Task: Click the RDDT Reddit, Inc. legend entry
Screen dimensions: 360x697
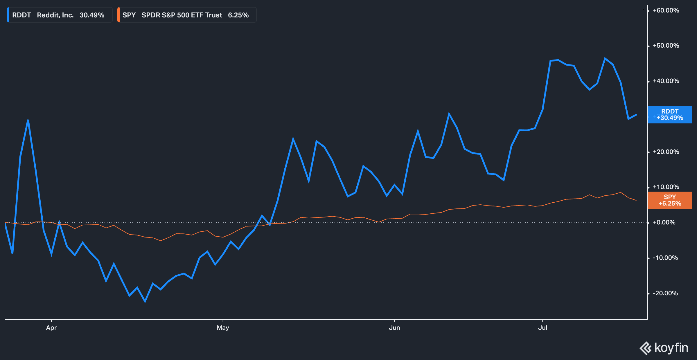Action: coord(58,15)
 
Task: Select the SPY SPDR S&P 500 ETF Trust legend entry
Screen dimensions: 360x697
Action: coord(186,15)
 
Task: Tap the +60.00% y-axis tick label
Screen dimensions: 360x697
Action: coord(666,10)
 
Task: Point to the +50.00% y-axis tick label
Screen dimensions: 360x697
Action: coord(666,46)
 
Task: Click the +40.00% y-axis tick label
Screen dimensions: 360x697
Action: coord(666,81)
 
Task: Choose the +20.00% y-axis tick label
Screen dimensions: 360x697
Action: coord(666,152)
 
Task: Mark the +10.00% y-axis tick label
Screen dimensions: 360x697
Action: coord(666,187)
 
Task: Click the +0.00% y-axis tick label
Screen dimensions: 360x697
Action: coord(664,222)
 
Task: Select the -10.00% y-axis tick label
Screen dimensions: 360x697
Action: coord(665,258)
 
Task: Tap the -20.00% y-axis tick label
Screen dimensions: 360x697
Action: coord(665,293)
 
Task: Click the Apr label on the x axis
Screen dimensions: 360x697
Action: coord(51,328)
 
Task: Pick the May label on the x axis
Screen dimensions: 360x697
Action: coord(223,328)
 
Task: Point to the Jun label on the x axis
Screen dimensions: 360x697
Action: coord(394,328)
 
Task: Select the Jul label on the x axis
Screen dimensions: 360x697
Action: coord(542,328)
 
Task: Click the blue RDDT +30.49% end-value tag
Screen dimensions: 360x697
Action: coord(670,115)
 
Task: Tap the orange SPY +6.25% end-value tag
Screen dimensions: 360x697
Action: coord(670,200)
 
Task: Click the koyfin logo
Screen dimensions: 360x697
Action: coord(664,348)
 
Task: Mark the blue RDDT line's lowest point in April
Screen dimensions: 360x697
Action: coord(145,302)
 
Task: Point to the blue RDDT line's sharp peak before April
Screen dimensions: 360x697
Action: coord(28,120)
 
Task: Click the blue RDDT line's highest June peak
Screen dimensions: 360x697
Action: coord(449,114)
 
